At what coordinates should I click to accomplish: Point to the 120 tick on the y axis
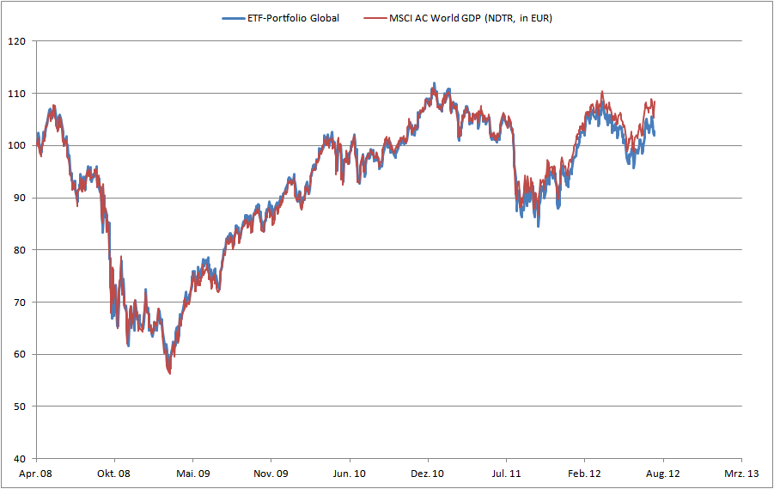pyautogui.click(x=17, y=40)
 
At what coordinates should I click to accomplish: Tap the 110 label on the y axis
pyautogui.click(x=17, y=93)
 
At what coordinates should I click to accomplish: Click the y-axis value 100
pyautogui.click(x=17, y=145)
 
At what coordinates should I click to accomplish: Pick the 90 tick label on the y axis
pyautogui.click(x=20, y=198)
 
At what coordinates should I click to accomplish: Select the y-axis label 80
pyautogui.click(x=20, y=250)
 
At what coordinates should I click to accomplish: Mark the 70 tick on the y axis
pyautogui.click(x=20, y=303)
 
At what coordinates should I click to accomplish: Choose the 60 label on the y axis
pyautogui.click(x=20, y=354)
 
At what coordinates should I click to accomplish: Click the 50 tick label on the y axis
pyautogui.click(x=20, y=406)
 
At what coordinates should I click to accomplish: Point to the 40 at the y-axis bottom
pyautogui.click(x=20, y=459)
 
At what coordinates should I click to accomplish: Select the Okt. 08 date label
pyautogui.click(x=114, y=474)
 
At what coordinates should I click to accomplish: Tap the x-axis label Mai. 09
pyautogui.click(x=192, y=474)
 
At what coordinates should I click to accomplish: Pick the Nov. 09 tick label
pyautogui.click(x=271, y=474)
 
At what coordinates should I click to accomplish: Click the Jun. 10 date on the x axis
pyautogui.click(x=349, y=474)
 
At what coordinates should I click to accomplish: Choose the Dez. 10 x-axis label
pyautogui.click(x=427, y=474)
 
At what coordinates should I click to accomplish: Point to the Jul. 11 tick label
pyautogui.click(x=506, y=474)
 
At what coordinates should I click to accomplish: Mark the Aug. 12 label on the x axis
pyautogui.click(x=662, y=474)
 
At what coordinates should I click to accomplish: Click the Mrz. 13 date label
pyautogui.click(x=740, y=474)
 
